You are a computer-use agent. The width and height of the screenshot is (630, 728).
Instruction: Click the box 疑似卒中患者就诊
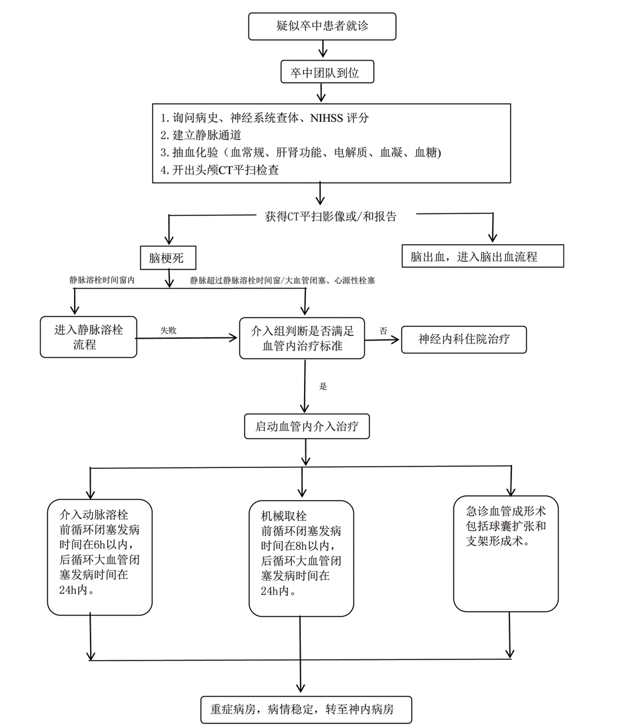[322, 26]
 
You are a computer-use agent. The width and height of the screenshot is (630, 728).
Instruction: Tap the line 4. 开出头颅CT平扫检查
[220, 170]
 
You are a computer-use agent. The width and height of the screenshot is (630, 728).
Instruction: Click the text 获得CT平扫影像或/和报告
[331, 216]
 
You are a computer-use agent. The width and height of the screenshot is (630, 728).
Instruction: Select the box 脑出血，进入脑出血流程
[483, 256]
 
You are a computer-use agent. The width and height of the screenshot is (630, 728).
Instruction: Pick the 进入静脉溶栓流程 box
[89, 337]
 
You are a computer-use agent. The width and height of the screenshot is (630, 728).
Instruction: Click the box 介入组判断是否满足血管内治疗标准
[302, 338]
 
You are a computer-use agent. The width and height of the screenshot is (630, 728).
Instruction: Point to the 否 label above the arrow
[383, 330]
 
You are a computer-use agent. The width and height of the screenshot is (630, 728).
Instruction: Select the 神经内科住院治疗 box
[463, 339]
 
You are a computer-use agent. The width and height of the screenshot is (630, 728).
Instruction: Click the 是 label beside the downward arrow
[324, 386]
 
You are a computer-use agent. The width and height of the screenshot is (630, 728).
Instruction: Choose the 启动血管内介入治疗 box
[307, 426]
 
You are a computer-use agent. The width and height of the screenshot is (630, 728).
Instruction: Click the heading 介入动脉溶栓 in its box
[94, 515]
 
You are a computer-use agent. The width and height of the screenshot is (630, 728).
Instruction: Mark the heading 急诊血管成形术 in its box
[505, 511]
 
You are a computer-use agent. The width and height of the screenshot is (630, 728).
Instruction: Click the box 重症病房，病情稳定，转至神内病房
[307, 709]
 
